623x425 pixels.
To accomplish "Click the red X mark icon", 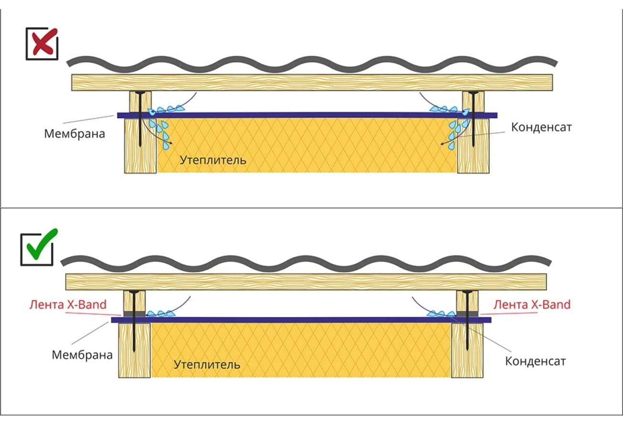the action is [44, 42].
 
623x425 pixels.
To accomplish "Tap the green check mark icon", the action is [42, 244].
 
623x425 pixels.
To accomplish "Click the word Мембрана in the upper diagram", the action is [75, 134].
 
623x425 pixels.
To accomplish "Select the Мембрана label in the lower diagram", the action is [82, 355].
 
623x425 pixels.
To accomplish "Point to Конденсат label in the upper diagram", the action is [541, 127].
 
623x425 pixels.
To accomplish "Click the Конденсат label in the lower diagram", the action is [536, 361].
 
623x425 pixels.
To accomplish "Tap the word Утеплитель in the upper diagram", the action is [213, 160].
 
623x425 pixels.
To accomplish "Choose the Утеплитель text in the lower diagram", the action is [207, 364].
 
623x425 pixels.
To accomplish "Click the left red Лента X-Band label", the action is [68, 305].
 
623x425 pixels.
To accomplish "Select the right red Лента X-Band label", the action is [532, 305].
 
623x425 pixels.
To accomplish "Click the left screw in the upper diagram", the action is [140, 119].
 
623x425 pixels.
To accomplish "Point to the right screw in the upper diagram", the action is [473, 119].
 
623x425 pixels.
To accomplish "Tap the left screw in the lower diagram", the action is [134, 321].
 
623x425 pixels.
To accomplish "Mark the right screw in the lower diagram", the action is [467, 320].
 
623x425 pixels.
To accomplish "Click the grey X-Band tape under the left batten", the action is [135, 314].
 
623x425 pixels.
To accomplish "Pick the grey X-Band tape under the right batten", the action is [467, 314].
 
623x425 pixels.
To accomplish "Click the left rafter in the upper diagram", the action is [140, 146].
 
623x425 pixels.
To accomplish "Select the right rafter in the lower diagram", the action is [467, 350].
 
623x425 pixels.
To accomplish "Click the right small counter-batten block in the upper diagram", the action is [473, 102].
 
